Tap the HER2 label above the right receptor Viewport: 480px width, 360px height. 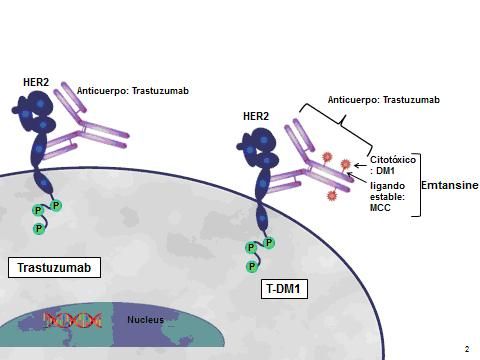pyautogui.click(x=256, y=116)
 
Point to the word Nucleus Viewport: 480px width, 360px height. pyautogui.click(x=144, y=320)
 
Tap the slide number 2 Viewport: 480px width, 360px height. pyautogui.click(x=466, y=349)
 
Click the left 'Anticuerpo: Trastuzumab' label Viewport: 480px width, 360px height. pyautogui.click(x=132, y=91)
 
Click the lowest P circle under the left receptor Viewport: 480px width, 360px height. pyautogui.click(x=38, y=228)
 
